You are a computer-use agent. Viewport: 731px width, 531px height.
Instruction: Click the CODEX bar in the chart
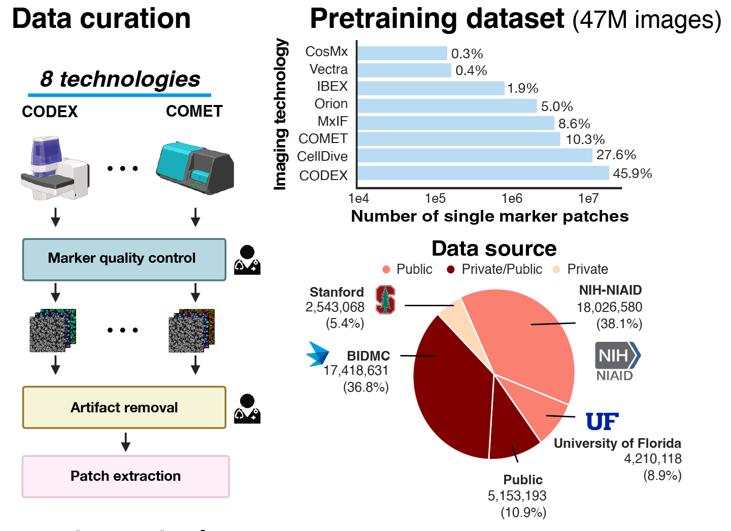point(483,173)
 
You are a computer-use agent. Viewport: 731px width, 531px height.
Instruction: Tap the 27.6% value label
point(616,155)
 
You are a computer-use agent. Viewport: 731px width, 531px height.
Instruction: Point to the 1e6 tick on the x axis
point(512,198)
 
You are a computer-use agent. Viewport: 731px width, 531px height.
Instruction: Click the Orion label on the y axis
point(331,104)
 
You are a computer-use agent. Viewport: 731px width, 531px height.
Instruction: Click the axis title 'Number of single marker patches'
point(489,217)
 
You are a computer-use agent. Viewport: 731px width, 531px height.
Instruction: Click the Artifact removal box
point(124,408)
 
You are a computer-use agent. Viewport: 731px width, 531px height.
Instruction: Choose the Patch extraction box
point(125,476)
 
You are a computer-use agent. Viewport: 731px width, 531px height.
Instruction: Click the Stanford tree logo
point(385,300)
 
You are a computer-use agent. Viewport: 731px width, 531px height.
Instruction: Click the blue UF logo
point(602,421)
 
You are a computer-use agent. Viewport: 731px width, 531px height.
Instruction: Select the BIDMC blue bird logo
point(318,353)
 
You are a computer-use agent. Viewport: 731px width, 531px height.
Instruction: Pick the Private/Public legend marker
point(451,269)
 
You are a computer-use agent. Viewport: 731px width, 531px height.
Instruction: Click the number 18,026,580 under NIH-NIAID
point(609,307)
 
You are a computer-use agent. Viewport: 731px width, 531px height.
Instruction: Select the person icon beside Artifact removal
point(247,409)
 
